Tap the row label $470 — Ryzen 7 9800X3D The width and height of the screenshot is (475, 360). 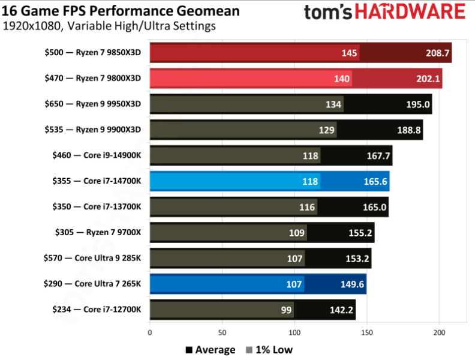click(92, 78)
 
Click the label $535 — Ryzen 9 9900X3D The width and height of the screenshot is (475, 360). click(92, 130)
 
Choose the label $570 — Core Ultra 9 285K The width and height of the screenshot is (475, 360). click(92, 258)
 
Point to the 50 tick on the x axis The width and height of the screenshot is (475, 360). click(222, 331)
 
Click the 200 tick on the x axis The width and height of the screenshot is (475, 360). click(439, 331)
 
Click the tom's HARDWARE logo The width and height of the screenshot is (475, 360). click(384, 13)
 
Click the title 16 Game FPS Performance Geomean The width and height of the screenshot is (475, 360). click(121, 11)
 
